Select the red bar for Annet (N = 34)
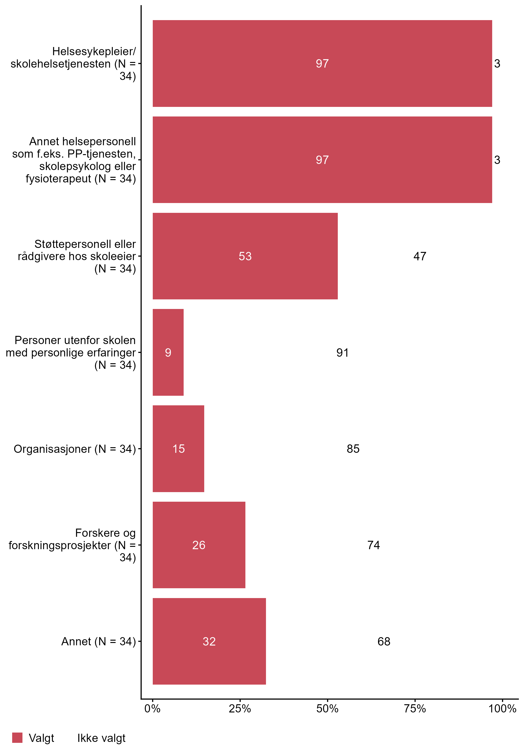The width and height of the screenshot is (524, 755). click(x=209, y=641)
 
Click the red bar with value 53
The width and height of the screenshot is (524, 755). click(x=245, y=256)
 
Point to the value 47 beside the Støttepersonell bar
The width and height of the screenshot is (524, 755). click(x=420, y=256)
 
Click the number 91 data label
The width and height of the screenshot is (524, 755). click(x=342, y=352)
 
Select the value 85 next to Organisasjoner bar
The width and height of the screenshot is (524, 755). click(x=353, y=449)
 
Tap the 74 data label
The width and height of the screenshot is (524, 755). click(x=374, y=545)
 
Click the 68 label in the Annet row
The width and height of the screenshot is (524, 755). click(x=384, y=641)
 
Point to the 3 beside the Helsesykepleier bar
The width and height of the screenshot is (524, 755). click(x=497, y=63)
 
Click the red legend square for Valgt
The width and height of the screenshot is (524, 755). click(x=17, y=738)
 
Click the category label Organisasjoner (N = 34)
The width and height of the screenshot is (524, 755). click(x=75, y=449)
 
